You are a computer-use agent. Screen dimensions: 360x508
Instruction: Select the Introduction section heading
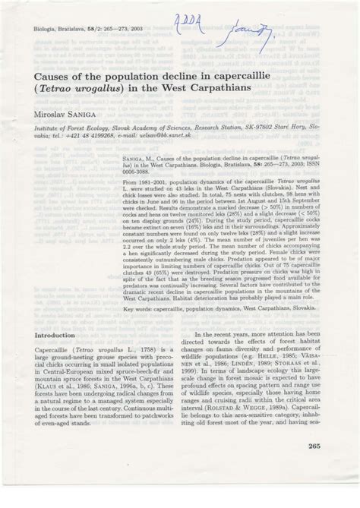(60, 355)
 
